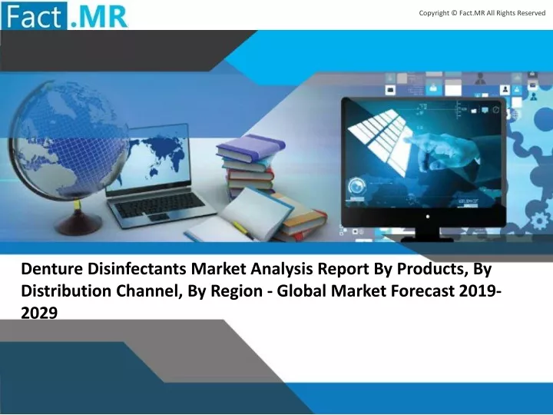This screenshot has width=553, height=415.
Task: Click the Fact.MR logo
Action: click(65, 15)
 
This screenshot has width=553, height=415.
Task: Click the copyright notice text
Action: click(482, 13)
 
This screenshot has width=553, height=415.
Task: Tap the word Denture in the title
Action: click(52, 269)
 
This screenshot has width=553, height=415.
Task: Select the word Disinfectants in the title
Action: click(137, 269)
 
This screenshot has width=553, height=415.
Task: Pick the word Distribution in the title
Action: click(66, 291)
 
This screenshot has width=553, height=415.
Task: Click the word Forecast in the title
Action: click(423, 291)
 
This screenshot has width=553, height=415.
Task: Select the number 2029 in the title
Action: click(39, 314)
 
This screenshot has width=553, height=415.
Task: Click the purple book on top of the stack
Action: click(250, 147)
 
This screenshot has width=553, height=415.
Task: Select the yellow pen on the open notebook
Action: click(242, 228)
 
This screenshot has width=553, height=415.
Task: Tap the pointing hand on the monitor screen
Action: click(445, 149)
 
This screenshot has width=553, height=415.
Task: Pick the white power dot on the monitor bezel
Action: click(428, 216)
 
